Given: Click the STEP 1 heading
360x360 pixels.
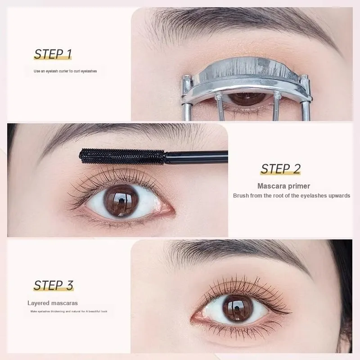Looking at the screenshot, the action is click(x=53, y=54).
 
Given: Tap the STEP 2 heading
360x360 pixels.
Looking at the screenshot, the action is click(x=280, y=169).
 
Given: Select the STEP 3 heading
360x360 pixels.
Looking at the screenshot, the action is click(x=54, y=285).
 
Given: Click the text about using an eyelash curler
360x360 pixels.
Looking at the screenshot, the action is click(x=65, y=71).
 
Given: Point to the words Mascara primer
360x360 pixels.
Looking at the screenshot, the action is click(x=283, y=186).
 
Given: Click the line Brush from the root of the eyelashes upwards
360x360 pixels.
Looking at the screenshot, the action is click(x=292, y=196).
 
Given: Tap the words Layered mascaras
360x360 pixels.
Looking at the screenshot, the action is click(x=53, y=303).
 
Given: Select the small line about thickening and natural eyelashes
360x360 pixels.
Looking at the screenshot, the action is click(x=69, y=311).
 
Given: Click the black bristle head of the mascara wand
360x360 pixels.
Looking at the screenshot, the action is click(x=122, y=156).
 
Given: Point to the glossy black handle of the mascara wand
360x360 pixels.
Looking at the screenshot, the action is click(x=197, y=157).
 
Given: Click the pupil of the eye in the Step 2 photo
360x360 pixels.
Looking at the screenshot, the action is click(x=121, y=201).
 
